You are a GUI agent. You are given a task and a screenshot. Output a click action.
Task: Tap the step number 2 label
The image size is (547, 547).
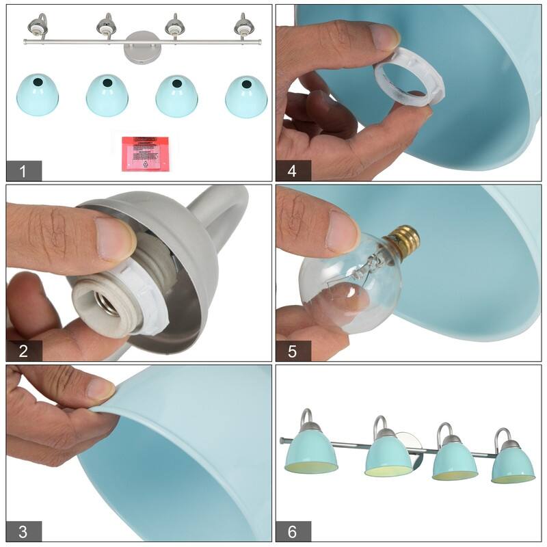click(23, 351)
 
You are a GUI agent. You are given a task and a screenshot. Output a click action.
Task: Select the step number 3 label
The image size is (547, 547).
click(23, 531)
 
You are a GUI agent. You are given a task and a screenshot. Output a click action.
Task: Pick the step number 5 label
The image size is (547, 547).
click(293, 351)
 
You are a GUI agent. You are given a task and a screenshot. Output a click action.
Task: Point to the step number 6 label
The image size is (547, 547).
click(293, 531)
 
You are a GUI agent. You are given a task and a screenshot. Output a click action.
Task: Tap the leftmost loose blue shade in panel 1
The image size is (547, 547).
click(37, 96)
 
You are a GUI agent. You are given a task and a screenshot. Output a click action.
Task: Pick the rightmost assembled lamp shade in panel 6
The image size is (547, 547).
click(513, 464)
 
